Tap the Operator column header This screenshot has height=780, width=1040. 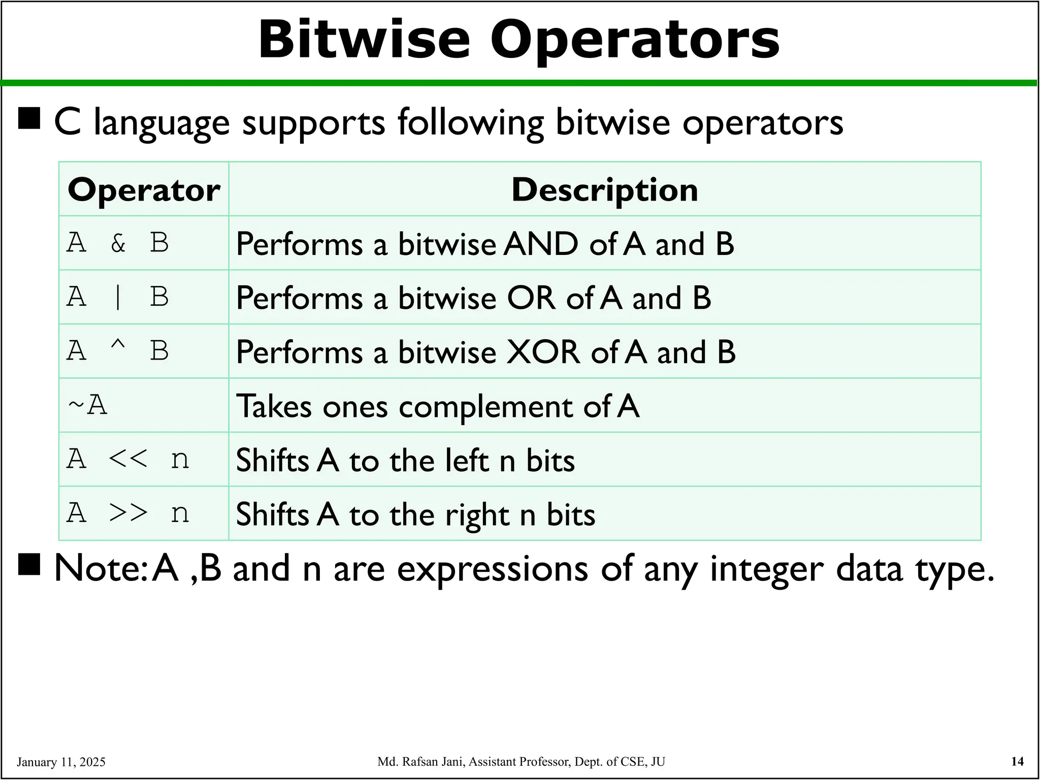[x=144, y=190]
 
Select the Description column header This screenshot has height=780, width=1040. [x=604, y=190]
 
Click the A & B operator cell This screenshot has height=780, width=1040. [x=118, y=243]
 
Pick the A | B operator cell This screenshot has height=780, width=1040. [x=118, y=297]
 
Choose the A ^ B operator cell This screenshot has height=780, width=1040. [x=118, y=351]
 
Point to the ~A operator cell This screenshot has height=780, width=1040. [x=88, y=405]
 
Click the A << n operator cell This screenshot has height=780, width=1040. [x=128, y=459]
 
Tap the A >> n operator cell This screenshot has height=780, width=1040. [x=128, y=513]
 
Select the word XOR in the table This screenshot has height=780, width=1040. [x=543, y=352]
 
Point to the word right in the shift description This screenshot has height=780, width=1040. [x=477, y=515]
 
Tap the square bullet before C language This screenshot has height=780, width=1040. [x=29, y=119]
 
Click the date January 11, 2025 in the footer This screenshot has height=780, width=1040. [x=61, y=762]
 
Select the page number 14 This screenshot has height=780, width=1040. [x=1017, y=761]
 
